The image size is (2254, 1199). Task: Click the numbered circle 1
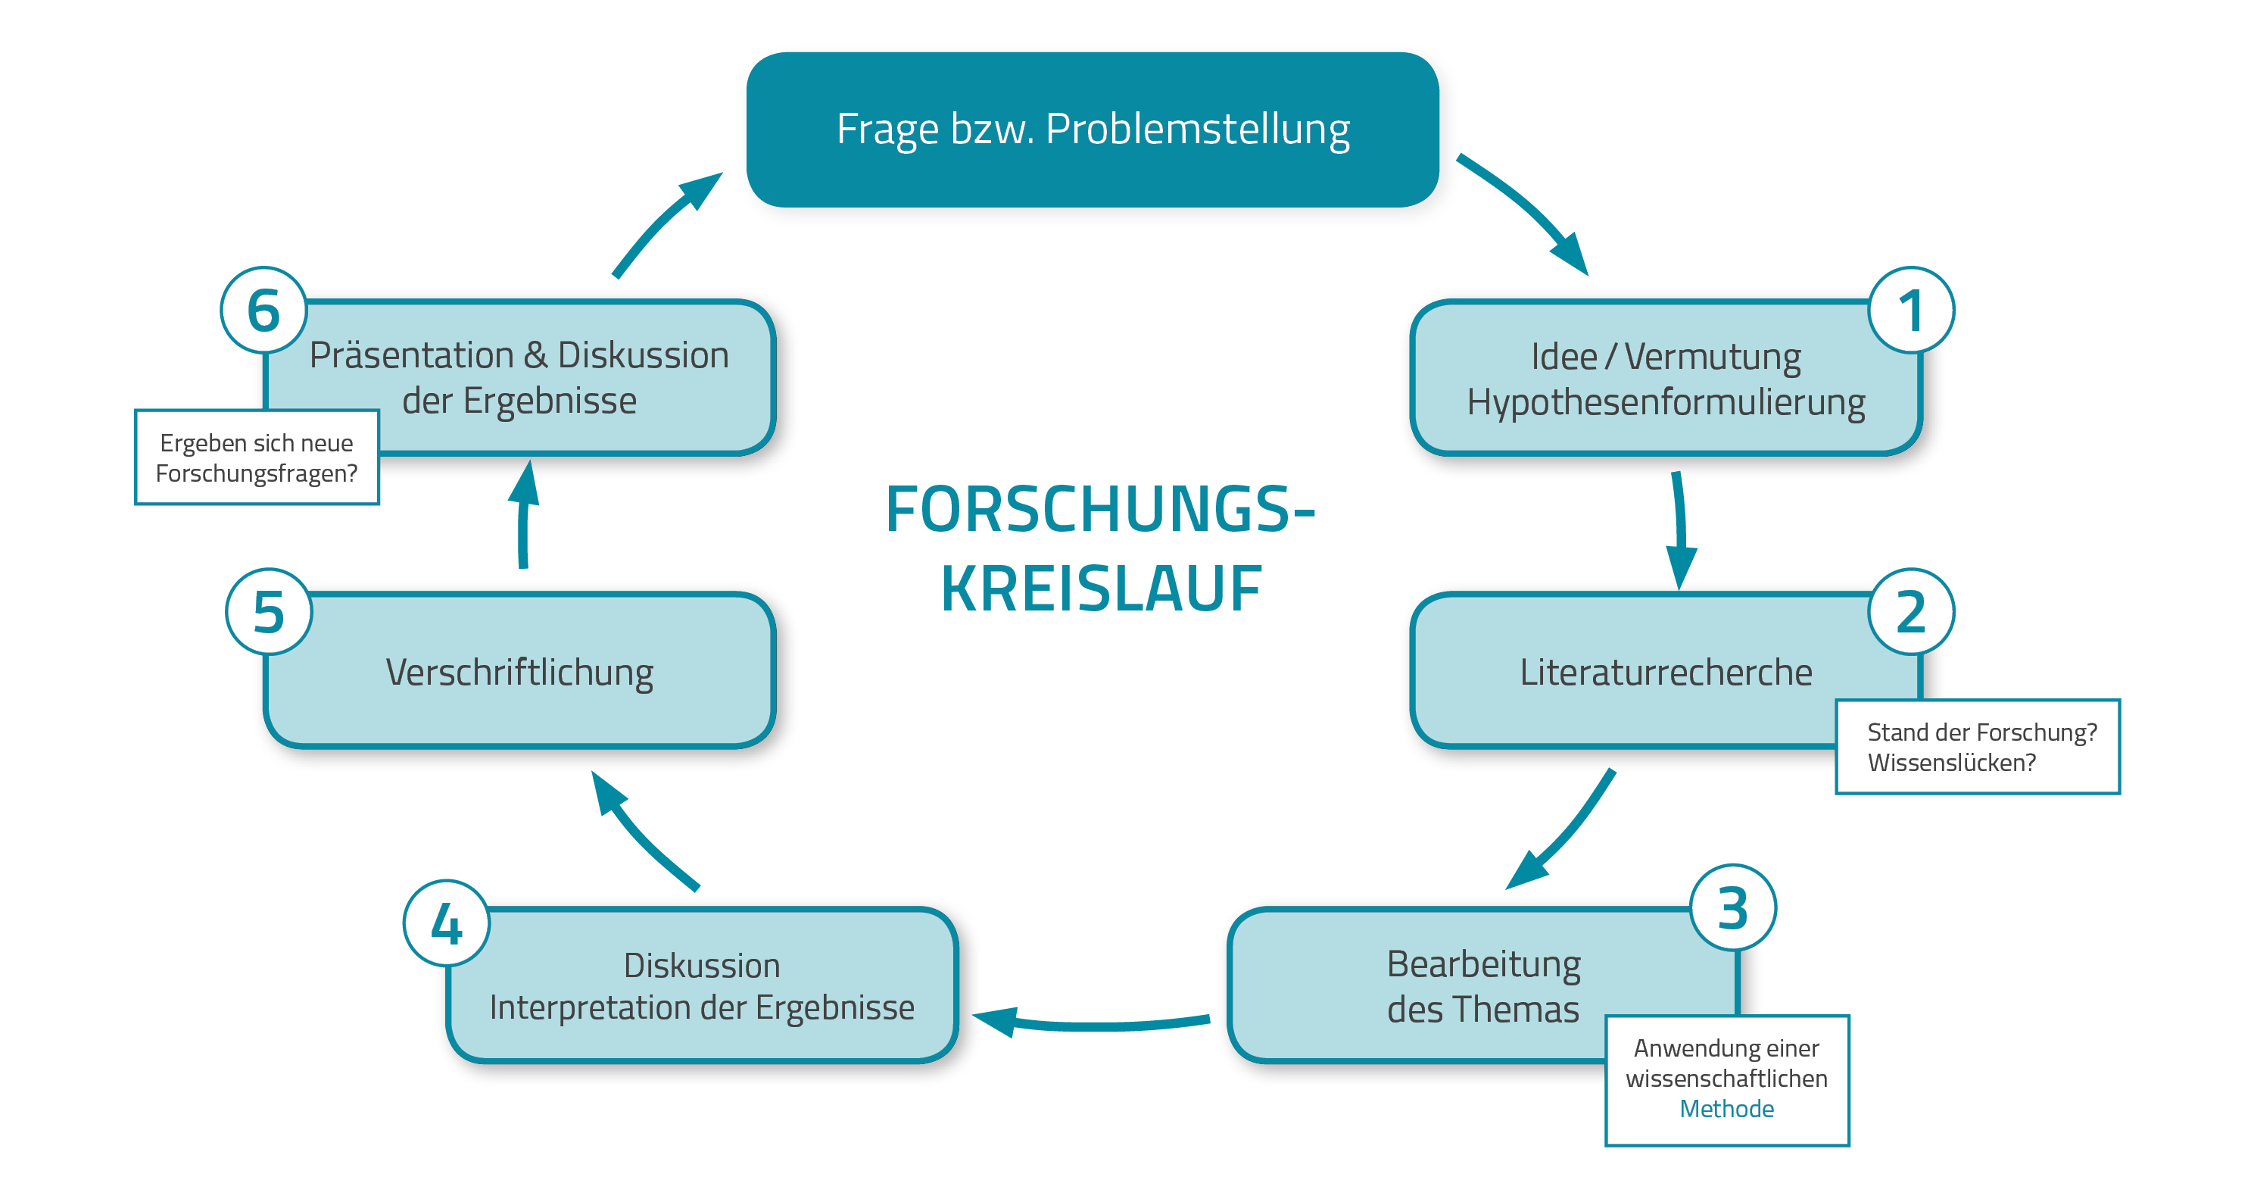tap(1910, 311)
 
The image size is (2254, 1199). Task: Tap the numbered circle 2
tap(1910, 612)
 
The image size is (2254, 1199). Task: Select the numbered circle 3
tap(1732, 907)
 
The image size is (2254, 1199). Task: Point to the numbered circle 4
tap(446, 923)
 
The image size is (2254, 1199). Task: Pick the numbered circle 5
tap(269, 612)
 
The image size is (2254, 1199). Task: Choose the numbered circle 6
tap(263, 311)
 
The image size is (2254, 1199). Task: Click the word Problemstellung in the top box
tap(1197, 130)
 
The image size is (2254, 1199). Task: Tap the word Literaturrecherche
tap(1665, 672)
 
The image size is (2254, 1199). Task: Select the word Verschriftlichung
tap(519, 672)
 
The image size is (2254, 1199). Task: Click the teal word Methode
tap(1726, 1109)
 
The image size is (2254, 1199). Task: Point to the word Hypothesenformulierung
tap(1665, 403)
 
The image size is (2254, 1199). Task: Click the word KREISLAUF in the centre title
tap(1101, 589)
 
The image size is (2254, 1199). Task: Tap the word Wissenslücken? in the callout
tap(1951, 762)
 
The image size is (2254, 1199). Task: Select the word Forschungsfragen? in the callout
tap(257, 473)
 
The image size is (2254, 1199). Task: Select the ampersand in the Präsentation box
tap(535, 355)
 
